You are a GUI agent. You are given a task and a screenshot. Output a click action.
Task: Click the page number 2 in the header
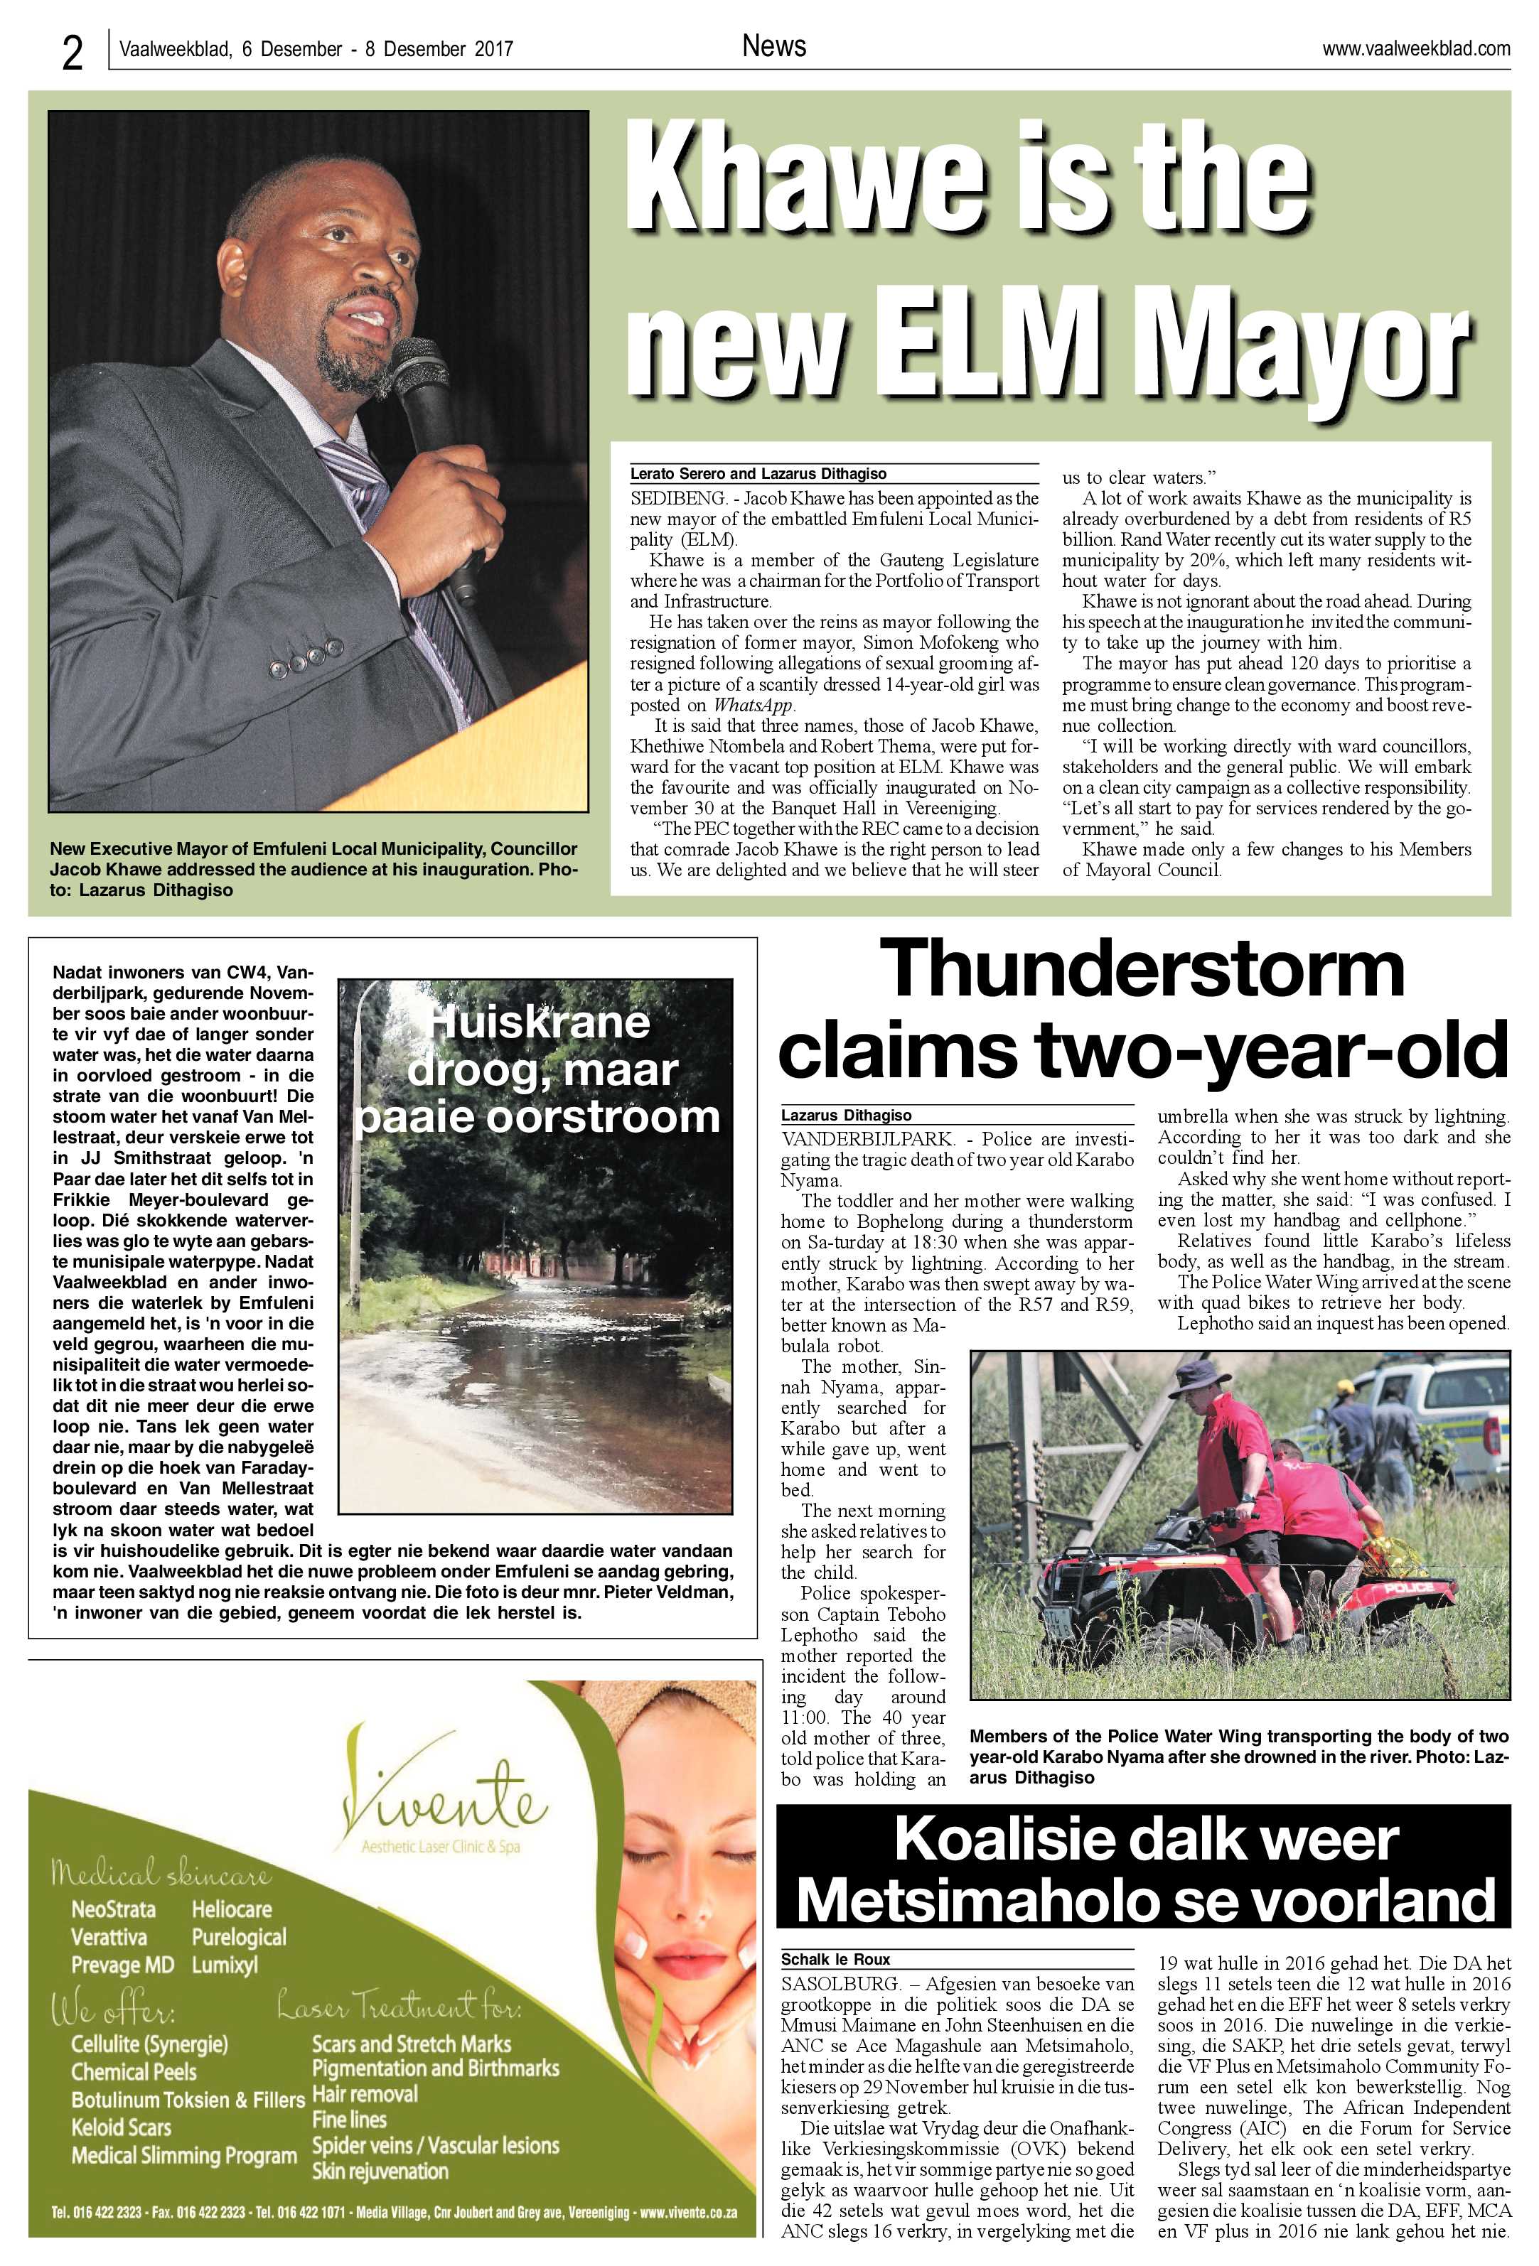[73, 53]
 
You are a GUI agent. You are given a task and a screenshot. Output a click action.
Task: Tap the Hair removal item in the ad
[365, 2093]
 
